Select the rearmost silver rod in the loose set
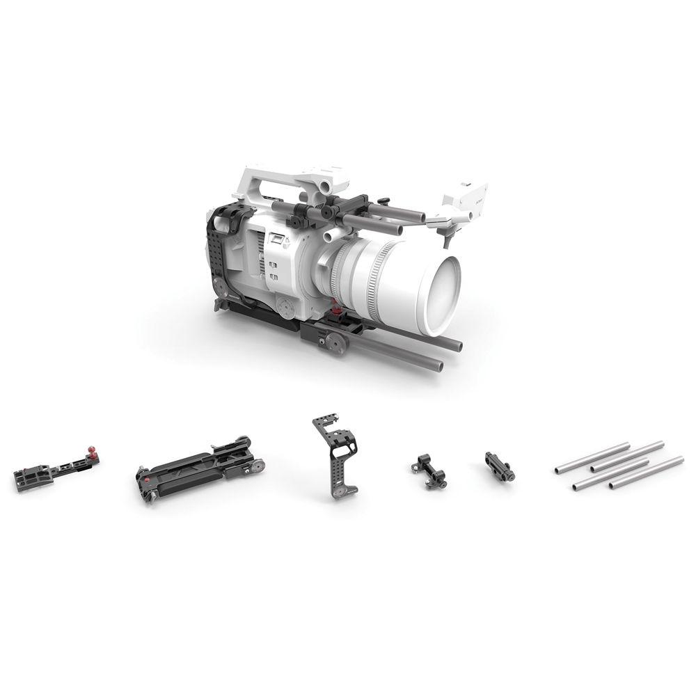coord(592,457)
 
